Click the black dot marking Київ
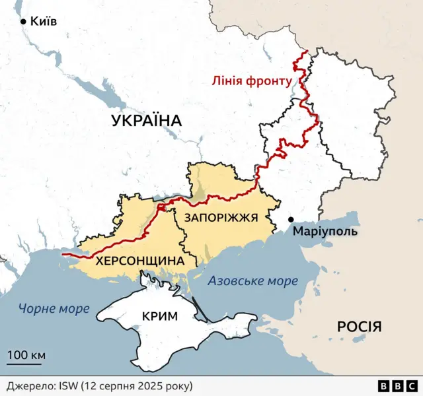(24, 22)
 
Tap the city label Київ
(44, 22)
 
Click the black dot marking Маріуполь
(290, 219)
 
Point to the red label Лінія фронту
(251, 81)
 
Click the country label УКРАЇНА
(146, 120)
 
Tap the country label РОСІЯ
(359, 327)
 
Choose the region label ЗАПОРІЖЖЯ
(221, 217)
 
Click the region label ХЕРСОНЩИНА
(139, 261)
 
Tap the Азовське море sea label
(252, 281)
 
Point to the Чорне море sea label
(54, 308)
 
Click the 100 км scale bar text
(26, 356)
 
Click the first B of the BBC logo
(384, 385)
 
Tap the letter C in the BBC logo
(410, 385)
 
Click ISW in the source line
(69, 385)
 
